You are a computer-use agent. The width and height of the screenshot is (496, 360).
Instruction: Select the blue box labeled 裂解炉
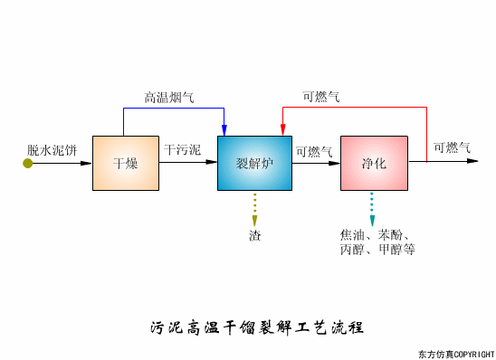tap(254, 163)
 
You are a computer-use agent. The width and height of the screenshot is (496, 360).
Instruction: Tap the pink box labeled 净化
tap(374, 163)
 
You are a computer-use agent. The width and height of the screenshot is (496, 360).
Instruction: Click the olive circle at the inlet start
tap(28, 163)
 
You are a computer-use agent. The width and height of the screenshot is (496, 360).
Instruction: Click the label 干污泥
tap(183, 148)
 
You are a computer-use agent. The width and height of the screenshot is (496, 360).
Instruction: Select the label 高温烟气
tap(169, 97)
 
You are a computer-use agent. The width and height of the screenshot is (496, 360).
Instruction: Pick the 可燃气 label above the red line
tap(321, 97)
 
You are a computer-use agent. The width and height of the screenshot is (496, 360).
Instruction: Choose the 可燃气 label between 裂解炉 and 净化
tap(314, 151)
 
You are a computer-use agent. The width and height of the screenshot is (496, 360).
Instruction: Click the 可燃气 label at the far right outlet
tap(452, 147)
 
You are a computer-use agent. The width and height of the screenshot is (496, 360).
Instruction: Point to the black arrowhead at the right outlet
tap(472, 162)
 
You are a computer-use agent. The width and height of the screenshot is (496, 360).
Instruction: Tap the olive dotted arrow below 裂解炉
tap(255, 209)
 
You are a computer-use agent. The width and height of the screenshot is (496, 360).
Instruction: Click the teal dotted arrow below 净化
tap(371, 209)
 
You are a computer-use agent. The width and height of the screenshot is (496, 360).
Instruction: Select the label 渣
tap(255, 236)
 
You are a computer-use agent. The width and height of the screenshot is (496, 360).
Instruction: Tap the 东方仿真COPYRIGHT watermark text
tap(455, 353)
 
